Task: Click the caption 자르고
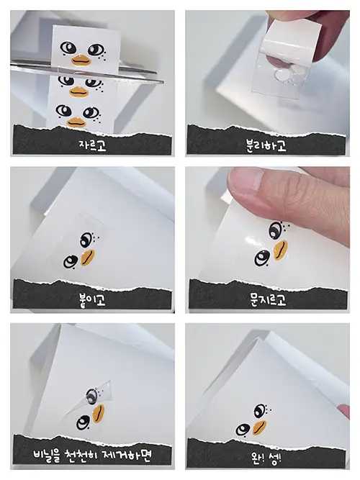pos(92,145)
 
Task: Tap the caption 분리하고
pos(266,145)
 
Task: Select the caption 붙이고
pos(92,300)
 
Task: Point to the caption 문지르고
pos(268,299)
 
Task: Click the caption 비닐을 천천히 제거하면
pos(92,456)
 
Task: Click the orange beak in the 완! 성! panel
pos(259,427)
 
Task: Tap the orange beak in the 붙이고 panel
pos(88,258)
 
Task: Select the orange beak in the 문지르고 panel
pos(280,250)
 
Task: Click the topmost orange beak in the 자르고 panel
pos(81,60)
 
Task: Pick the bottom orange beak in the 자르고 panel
pos(76,122)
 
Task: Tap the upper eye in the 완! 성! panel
pos(260,410)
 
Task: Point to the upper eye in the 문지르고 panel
pos(276,230)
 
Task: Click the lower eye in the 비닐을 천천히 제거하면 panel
pos(83,422)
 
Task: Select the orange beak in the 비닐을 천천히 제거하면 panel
pos(99,414)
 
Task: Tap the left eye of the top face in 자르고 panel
pos(68,47)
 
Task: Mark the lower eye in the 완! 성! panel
pos(243,430)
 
